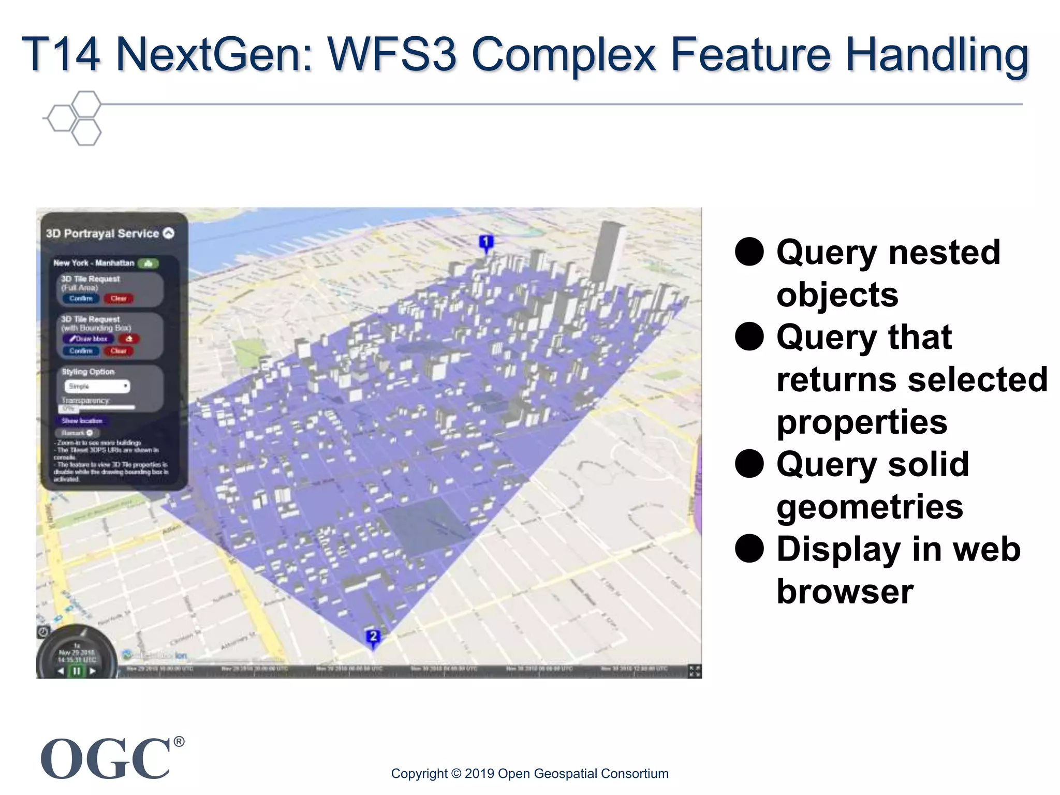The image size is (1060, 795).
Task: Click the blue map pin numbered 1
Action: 485,243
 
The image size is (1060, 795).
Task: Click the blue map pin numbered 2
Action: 373,637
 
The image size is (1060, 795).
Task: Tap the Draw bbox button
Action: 88,339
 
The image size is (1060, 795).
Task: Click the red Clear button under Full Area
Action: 119,299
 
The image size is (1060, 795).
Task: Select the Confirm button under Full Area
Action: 81,299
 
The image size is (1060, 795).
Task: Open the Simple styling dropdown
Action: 97,387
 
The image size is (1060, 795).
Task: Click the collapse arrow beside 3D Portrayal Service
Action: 169,233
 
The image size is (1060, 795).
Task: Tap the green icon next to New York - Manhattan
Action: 148,263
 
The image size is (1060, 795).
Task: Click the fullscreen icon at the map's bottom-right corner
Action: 695,671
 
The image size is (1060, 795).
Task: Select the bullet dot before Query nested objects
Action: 749,252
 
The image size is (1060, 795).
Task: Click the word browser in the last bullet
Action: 845,592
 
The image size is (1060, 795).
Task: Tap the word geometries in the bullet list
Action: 870,507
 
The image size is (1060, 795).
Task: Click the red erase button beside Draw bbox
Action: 129,339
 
